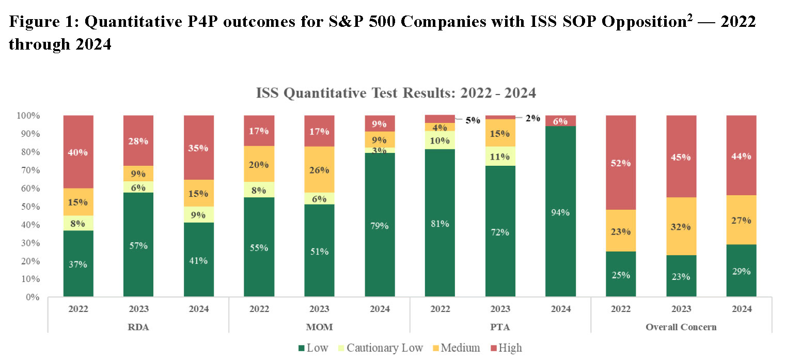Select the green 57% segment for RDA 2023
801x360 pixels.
138,245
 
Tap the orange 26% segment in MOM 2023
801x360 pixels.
319,169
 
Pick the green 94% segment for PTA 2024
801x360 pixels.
561,212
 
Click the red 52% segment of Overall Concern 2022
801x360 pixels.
621,162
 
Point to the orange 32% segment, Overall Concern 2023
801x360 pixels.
681,226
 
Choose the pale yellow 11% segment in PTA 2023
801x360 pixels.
500,156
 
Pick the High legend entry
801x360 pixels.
504,348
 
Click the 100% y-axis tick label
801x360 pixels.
28,116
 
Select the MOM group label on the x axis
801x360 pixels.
319,327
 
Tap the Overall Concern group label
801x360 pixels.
681,327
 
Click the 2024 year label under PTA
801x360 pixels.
561,309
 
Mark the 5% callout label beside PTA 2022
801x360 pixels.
473,120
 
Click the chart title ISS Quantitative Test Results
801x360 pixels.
396,93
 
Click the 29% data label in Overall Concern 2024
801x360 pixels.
741,271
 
